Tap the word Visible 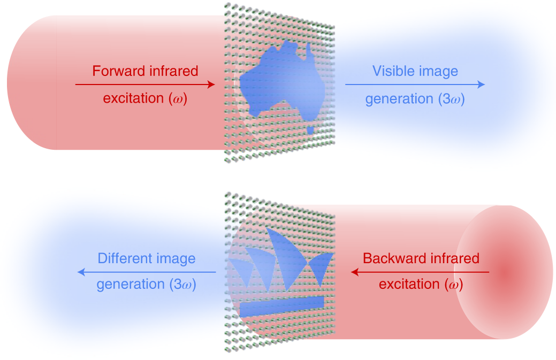(x=393, y=71)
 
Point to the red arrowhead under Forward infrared (x=211, y=85)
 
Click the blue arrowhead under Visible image (x=481, y=85)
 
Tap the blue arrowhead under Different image (x=81, y=272)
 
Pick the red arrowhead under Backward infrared (x=355, y=272)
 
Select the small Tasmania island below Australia (x=310, y=130)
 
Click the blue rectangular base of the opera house (x=282, y=306)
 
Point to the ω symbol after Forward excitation (x=178, y=98)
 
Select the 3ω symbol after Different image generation (x=183, y=285)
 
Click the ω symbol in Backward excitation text (x=454, y=285)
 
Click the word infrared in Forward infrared (x=174, y=71)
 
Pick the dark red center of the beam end (x=505, y=273)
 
